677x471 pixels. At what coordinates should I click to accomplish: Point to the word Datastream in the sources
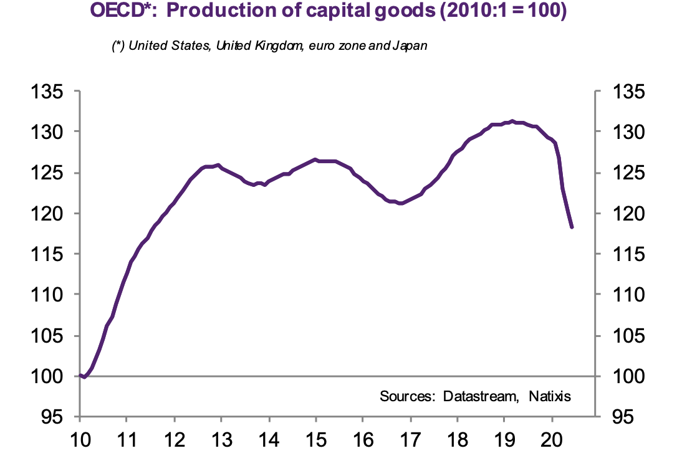tap(483, 396)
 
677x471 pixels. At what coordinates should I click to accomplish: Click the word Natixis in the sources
tap(549, 396)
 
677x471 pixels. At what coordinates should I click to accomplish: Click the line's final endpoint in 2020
tap(572, 227)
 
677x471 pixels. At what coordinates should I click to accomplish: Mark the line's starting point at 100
tap(80, 375)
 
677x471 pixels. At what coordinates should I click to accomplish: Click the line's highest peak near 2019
tap(512, 121)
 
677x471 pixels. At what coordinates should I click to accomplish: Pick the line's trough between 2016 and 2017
tap(400, 203)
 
